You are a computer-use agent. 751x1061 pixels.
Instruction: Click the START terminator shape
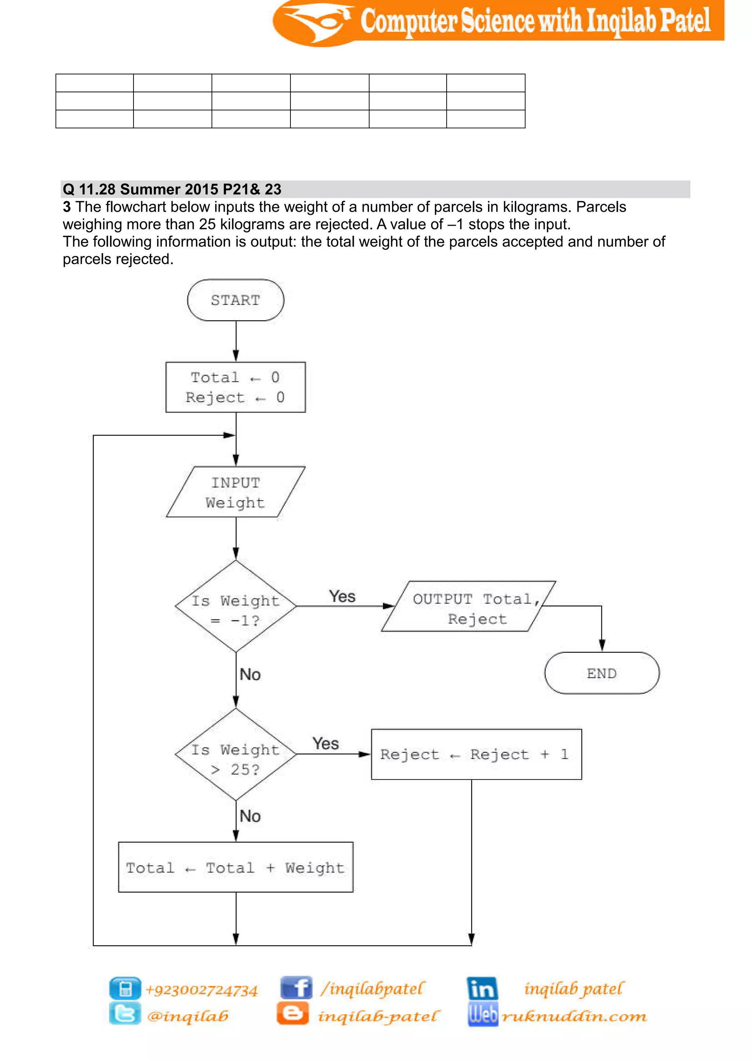pos(235,300)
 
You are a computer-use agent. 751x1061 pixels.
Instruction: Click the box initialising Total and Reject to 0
pos(235,387)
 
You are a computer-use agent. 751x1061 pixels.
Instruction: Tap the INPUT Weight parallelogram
pos(235,492)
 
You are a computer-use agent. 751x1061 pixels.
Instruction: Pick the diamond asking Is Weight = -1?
pos(235,606)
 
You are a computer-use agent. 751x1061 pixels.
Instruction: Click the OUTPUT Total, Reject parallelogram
pos(468,606)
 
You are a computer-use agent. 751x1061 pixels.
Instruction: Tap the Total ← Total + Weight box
pos(235,868)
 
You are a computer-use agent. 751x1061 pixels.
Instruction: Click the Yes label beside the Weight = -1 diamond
pos(342,596)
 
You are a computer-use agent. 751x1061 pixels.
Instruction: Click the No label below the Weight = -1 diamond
pos(250,675)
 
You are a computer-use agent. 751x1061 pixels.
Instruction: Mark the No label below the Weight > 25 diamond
pos(250,816)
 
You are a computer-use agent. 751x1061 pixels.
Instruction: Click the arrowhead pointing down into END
pos(602,645)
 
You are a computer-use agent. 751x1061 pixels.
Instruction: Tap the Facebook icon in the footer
pos(296,988)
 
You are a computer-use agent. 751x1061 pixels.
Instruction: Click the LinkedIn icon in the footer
pos(482,988)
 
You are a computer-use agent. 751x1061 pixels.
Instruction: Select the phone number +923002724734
pos(202,990)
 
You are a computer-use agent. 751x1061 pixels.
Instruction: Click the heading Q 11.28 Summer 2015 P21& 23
pos(172,189)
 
